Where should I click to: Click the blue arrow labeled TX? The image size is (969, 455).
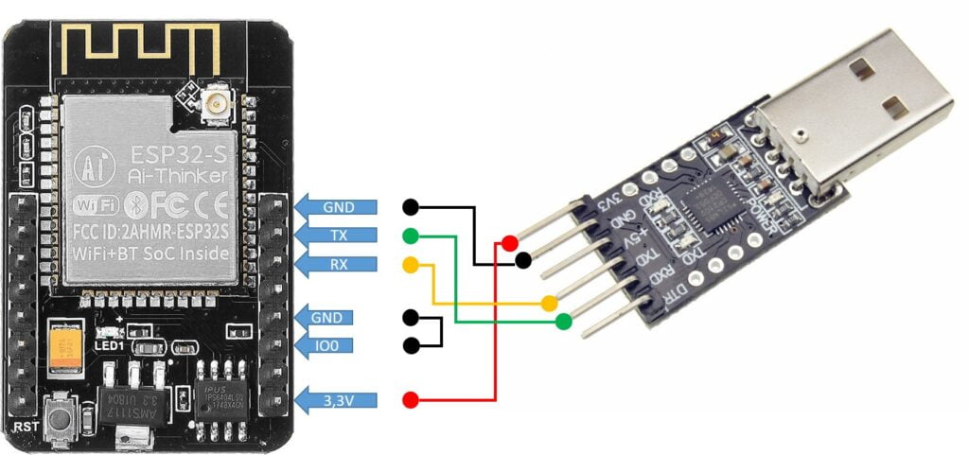[x=337, y=235]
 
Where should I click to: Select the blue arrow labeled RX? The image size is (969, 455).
[x=337, y=262]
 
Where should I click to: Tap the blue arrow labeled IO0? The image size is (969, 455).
[x=337, y=345]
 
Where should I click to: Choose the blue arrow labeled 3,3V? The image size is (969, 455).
[x=337, y=399]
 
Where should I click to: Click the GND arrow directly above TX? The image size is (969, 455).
[x=337, y=206]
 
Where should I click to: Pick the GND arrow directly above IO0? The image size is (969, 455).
[x=337, y=318]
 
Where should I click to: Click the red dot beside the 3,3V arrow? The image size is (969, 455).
[x=410, y=399]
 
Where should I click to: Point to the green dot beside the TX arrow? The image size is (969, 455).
[x=410, y=235]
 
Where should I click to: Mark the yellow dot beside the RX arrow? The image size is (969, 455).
[x=410, y=263]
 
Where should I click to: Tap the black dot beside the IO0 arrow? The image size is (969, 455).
[x=410, y=345]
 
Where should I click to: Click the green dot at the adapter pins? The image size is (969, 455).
[x=565, y=322]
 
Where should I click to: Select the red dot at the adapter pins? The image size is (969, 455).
[x=510, y=243]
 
